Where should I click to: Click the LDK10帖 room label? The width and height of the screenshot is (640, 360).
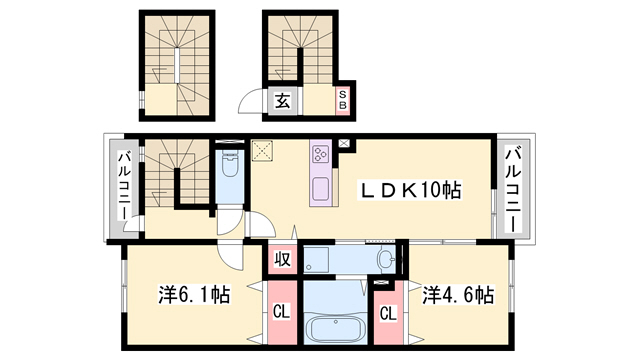411,190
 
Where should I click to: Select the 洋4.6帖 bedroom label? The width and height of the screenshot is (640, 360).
456,295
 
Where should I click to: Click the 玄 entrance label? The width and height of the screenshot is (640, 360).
283,100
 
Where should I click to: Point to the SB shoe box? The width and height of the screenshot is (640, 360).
342,100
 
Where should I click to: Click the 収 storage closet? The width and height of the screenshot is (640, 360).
283,260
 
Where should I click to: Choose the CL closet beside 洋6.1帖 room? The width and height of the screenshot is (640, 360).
283,311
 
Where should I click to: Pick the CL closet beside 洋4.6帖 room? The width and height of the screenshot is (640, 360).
386,311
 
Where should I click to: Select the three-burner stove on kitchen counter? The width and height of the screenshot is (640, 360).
322,154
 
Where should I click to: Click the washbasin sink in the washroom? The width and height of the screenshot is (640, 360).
385,259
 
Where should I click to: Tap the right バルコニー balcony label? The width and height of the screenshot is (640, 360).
512,190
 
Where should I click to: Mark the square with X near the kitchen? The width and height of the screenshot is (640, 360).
265,151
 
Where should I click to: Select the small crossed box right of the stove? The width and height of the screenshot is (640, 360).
345,144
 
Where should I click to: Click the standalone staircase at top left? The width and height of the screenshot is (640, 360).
177,65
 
